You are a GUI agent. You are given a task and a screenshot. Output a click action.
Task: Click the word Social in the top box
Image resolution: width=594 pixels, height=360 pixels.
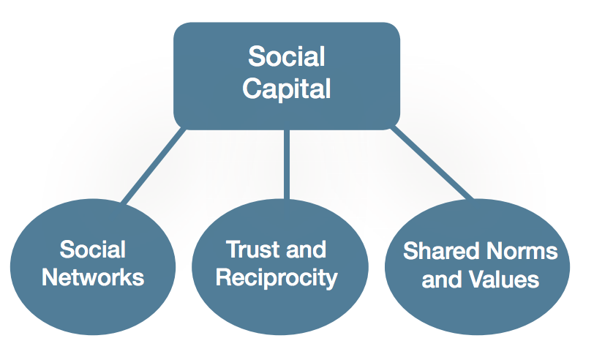point(287,56)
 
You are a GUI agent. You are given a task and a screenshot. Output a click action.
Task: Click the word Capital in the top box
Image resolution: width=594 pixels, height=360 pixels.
point(287,89)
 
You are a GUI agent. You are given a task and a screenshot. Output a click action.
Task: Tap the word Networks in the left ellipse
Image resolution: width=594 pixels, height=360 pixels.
point(92,278)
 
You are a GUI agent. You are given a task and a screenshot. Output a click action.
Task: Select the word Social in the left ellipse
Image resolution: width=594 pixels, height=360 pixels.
point(92,250)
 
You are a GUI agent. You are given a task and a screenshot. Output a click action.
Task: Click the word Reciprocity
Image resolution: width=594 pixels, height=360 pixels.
point(277,278)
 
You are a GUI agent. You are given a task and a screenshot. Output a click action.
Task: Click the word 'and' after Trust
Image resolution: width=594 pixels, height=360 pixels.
point(304,250)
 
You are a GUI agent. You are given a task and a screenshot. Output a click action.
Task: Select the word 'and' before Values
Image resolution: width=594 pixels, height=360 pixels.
point(443,280)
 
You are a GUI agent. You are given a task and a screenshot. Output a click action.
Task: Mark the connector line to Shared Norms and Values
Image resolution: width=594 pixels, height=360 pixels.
point(432,165)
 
